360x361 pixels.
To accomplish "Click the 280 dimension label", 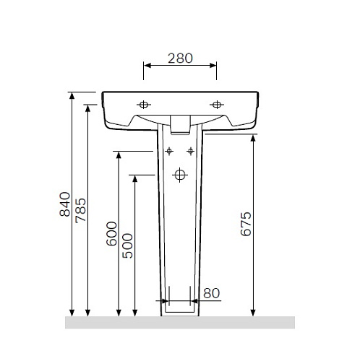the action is click(x=180, y=58).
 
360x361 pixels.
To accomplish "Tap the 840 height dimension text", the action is click(x=65, y=204).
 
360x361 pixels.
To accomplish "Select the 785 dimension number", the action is click(x=80, y=210).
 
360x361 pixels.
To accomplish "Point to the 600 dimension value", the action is click(x=111, y=233).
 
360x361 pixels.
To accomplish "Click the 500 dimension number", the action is click(x=127, y=245).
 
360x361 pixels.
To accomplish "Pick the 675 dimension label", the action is click(x=246, y=224).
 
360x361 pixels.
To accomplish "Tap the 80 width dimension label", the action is click(x=212, y=293).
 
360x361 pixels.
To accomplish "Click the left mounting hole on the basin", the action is click(x=144, y=105).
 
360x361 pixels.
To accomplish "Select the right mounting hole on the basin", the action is click(x=217, y=105).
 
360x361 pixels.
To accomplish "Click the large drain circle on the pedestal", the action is click(x=180, y=175).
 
